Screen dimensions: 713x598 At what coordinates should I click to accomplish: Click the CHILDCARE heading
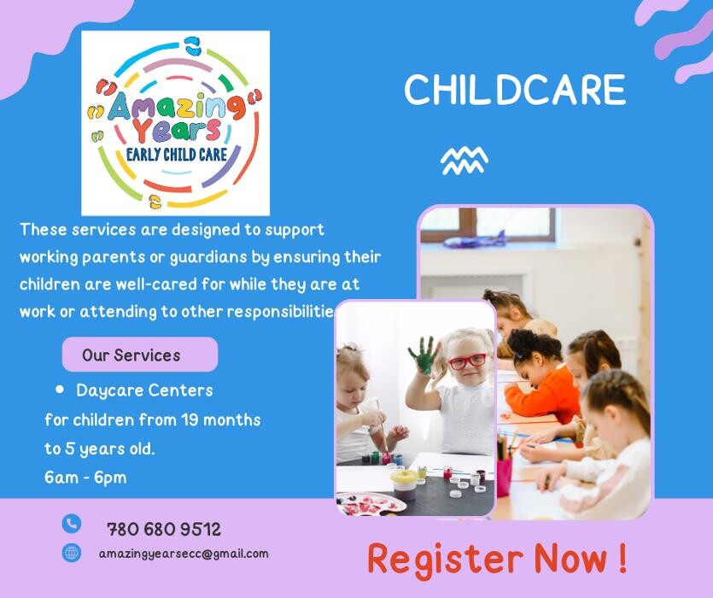tap(515, 90)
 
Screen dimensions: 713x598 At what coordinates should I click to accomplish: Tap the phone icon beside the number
tap(72, 524)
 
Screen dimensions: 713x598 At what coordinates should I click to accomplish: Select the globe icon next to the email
tap(72, 553)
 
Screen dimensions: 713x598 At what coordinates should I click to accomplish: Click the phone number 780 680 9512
tap(164, 529)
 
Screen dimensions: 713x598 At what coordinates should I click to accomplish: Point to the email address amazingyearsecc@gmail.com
tap(184, 554)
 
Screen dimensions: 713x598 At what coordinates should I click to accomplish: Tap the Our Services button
tap(140, 355)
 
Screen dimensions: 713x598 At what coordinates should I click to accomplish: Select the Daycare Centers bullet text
tap(144, 390)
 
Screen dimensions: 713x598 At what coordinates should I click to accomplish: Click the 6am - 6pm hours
tap(85, 478)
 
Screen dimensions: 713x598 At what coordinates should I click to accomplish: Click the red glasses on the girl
tap(467, 361)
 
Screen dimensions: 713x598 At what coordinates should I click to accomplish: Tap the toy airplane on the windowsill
tap(474, 239)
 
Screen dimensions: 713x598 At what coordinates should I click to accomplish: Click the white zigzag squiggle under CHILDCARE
tap(465, 161)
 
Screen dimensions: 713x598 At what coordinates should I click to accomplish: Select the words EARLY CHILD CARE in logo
tap(177, 155)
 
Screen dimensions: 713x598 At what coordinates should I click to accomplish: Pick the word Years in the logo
tap(177, 130)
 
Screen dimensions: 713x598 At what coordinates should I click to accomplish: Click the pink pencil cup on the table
tap(504, 477)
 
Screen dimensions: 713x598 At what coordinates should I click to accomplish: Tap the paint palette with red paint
tap(370, 504)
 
